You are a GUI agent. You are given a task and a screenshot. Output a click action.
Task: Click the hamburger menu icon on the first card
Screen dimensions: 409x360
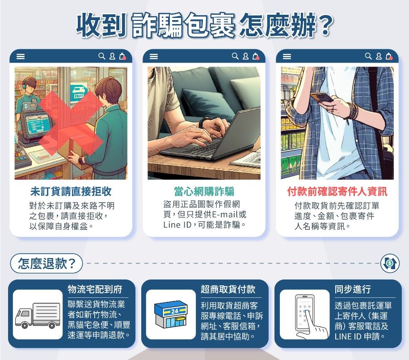point(21,56)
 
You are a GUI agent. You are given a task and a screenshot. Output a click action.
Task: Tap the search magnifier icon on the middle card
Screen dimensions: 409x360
point(235,56)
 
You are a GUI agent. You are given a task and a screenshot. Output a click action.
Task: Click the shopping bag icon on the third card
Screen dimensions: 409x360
point(389,56)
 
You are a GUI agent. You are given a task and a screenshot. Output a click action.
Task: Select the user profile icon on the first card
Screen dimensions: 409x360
point(112,56)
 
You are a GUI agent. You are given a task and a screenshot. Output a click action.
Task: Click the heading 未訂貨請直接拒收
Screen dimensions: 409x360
point(71,191)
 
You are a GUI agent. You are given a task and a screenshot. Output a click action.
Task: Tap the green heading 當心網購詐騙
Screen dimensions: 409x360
point(204,191)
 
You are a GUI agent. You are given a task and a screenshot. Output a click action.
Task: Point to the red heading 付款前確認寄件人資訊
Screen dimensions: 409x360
point(337,191)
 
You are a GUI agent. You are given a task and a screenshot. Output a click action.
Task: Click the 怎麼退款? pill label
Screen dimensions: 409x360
point(46,263)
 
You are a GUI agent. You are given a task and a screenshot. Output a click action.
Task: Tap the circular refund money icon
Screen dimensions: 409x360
point(390,263)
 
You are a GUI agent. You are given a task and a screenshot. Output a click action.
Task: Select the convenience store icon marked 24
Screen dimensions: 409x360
point(171,314)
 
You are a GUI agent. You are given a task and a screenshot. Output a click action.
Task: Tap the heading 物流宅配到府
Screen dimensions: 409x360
point(95,289)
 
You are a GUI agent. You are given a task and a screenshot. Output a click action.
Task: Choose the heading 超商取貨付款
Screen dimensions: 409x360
point(228,289)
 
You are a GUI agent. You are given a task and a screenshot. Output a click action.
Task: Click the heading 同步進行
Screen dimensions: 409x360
point(353,289)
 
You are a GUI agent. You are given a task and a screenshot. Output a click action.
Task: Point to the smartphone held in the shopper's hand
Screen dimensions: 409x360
point(322,97)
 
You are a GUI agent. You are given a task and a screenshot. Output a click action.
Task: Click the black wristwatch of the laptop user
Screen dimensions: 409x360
point(204,123)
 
